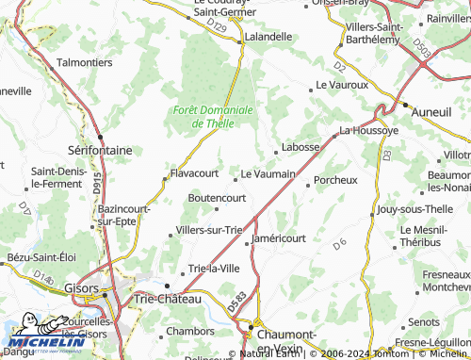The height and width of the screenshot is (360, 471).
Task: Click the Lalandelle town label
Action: pos(268,37)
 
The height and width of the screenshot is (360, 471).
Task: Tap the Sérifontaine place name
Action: pos(99,149)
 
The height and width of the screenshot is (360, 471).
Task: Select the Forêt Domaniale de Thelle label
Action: pos(214,116)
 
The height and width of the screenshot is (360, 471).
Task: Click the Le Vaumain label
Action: pos(268,173)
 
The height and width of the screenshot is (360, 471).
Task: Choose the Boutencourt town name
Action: pos(217,198)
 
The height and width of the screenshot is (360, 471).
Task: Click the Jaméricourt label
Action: pos(284,240)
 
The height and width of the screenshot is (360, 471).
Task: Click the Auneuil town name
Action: pos(432,111)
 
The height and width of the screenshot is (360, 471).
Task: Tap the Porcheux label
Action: pos(335,179)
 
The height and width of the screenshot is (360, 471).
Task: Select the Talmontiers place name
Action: pos(84,62)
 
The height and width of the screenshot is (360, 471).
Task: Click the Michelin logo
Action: pos(43,343)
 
